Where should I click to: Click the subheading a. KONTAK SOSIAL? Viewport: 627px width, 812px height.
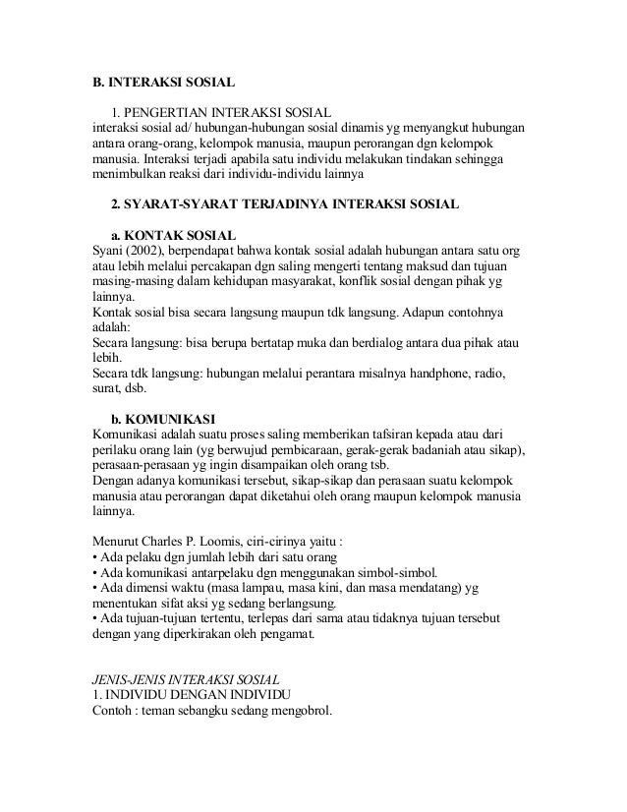pos(172,236)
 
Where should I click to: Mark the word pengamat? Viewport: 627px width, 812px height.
pos(282,636)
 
